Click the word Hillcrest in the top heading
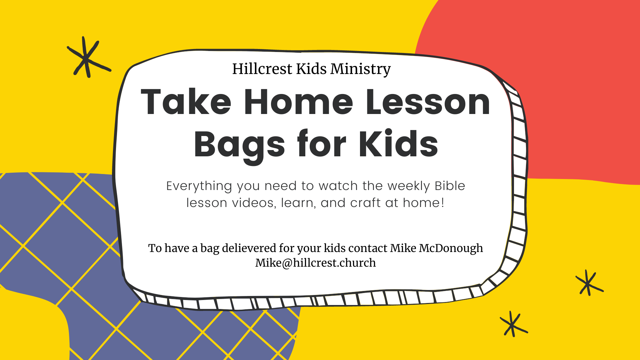click(x=262, y=69)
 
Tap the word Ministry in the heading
click(x=360, y=69)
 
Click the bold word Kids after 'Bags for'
click(x=398, y=144)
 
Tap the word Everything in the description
click(x=199, y=186)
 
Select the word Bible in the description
click(x=450, y=186)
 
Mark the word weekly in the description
click(x=409, y=186)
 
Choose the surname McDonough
click(x=451, y=248)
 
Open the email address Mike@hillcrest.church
click(x=315, y=263)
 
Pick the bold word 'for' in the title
click(x=322, y=144)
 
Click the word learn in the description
click(x=298, y=203)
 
